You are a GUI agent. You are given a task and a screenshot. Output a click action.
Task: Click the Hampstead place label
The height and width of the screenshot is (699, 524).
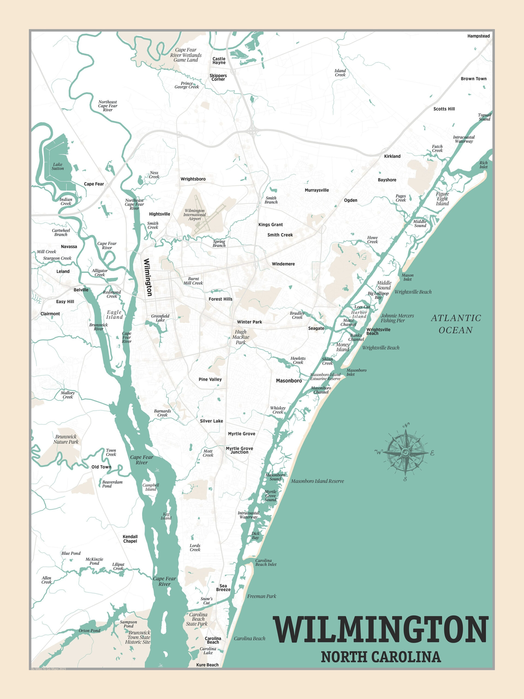[x=478, y=36]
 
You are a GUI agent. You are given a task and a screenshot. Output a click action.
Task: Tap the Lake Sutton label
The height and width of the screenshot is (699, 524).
[x=58, y=167]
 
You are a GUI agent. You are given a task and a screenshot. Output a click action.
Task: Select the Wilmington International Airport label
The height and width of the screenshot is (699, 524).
[x=195, y=215]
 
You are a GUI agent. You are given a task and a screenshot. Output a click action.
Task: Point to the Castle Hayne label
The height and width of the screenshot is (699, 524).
[x=219, y=61]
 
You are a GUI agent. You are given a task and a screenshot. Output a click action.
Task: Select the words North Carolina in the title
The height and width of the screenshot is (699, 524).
[x=381, y=657]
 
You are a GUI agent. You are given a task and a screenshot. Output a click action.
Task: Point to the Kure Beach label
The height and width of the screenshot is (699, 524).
[x=207, y=665]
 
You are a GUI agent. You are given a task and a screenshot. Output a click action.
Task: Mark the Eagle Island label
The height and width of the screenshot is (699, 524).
[x=114, y=315]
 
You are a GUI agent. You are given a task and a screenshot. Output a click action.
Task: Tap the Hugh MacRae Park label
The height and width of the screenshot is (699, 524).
[x=241, y=337]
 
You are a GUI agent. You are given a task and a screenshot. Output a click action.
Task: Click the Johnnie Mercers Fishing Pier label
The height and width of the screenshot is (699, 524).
[x=397, y=318]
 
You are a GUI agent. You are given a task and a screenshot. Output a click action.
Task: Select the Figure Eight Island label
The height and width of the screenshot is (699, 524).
[x=442, y=199]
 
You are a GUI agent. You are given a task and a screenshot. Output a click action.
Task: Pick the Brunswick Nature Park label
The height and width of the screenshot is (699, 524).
[x=66, y=439]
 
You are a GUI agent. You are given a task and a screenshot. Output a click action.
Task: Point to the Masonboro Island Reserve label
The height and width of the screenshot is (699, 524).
[x=317, y=481]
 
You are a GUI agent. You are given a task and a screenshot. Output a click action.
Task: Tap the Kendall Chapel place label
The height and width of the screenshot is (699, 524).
[x=130, y=539]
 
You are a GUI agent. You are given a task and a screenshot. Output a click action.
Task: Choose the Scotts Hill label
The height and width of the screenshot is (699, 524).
[x=444, y=109]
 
